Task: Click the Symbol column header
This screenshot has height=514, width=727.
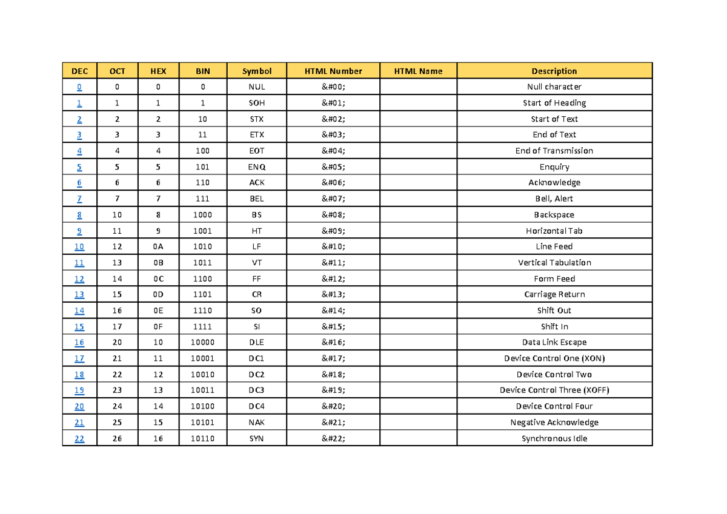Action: pyautogui.click(x=257, y=71)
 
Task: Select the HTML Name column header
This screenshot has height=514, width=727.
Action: pyautogui.click(x=418, y=71)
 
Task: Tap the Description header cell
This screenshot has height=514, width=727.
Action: pyautogui.click(x=554, y=71)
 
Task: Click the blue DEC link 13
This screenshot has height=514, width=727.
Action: pyautogui.click(x=79, y=295)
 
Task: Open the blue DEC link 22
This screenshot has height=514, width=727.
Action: pyautogui.click(x=79, y=439)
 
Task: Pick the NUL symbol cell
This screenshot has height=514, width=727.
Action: pyautogui.click(x=257, y=87)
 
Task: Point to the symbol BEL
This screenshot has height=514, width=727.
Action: pyautogui.click(x=257, y=199)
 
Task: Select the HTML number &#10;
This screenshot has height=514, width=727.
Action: pyautogui.click(x=333, y=246)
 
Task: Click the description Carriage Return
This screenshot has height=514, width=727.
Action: pyautogui.click(x=554, y=295)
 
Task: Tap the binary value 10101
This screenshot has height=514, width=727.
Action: pyautogui.click(x=202, y=423)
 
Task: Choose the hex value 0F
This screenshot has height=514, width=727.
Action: pyautogui.click(x=158, y=327)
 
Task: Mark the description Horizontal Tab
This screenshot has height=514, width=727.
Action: pyautogui.click(x=554, y=231)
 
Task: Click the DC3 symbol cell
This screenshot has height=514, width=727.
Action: pyautogui.click(x=257, y=390)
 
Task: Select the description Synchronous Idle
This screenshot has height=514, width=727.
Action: pyautogui.click(x=554, y=439)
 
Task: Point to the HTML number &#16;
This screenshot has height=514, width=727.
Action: pyautogui.click(x=333, y=343)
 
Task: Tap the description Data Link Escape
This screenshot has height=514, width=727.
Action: pyautogui.click(x=554, y=343)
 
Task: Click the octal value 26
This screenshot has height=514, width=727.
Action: pyautogui.click(x=117, y=439)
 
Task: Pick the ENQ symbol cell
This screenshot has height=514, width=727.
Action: pyautogui.click(x=257, y=166)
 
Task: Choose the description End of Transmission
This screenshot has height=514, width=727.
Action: pyautogui.click(x=554, y=151)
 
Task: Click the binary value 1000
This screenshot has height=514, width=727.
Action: pyautogui.click(x=202, y=215)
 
